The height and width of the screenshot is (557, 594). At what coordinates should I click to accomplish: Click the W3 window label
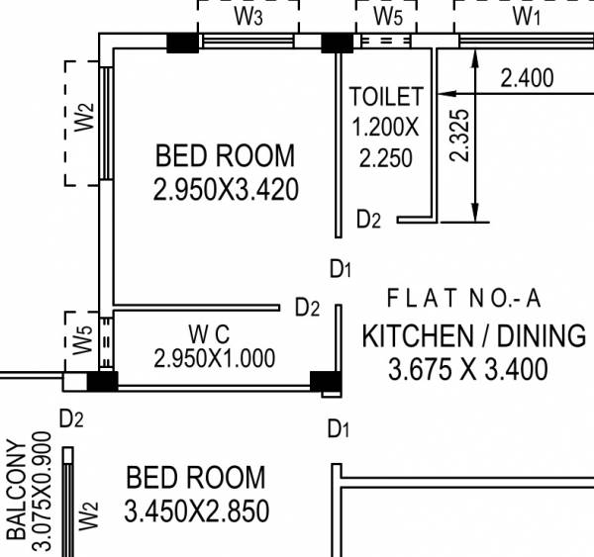tap(248, 16)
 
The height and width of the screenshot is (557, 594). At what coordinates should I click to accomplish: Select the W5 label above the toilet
tap(388, 16)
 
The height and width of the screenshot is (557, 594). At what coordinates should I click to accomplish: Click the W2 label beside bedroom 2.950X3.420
tap(84, 120)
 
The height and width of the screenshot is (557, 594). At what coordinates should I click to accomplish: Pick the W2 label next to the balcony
tap(89, 516)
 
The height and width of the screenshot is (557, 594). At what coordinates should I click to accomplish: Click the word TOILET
tap(386, 97)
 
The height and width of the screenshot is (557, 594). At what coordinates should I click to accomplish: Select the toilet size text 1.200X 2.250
tap(386, 142)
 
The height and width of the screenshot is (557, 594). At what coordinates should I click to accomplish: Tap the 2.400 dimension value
tap(527, 78)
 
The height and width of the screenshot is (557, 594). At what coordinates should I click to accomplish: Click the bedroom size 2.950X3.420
tap(226, 189)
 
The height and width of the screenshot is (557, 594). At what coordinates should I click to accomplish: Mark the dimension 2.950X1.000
tap(215, 358)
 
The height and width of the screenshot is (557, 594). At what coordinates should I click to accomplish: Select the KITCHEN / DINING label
tap(473, 335)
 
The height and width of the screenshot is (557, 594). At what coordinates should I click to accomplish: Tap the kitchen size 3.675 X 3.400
tap(467, 370)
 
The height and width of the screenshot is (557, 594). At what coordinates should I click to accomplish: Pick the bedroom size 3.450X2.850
tap(196, 511)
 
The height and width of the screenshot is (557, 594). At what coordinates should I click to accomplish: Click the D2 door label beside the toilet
tap(368, 220)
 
